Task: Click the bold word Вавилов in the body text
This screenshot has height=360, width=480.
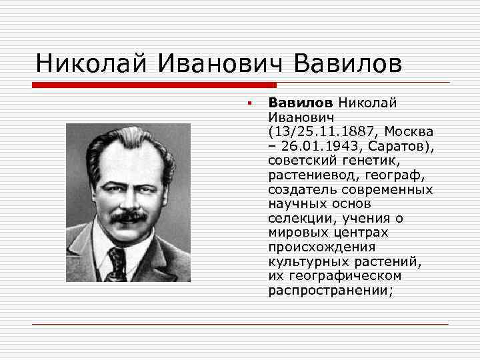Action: click(299, 103)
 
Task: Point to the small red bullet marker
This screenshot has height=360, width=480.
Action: click(247, 103)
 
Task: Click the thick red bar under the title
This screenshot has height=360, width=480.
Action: click(154, 85)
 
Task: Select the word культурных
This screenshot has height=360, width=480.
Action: click(304, 261)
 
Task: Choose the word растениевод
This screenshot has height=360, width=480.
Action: click(308, 175)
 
